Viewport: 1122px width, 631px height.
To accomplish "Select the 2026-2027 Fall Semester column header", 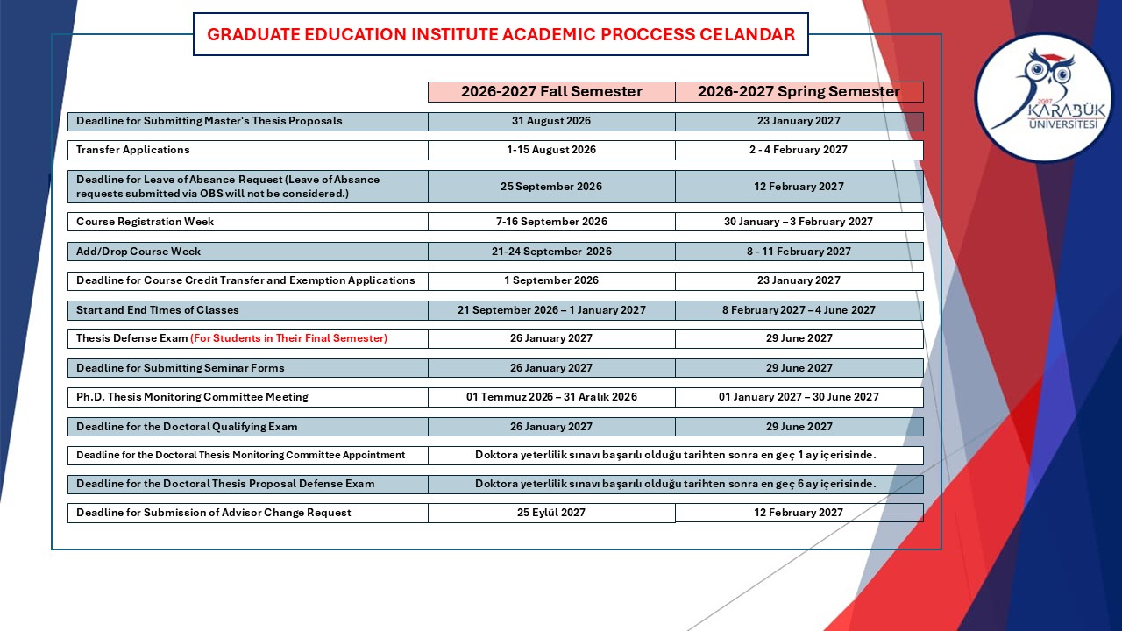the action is point(551,92).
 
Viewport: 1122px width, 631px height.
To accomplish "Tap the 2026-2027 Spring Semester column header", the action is point(799,92).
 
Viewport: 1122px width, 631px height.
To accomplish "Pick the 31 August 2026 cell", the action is point(551,121).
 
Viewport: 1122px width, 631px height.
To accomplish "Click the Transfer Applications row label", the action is point(132,150).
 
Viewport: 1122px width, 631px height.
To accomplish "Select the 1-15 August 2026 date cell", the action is point(551,150).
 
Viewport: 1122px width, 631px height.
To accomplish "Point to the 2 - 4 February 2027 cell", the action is point(799,150).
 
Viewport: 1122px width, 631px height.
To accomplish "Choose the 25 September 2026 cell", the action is point(551,187).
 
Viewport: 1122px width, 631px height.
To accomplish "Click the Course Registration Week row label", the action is point(145,222).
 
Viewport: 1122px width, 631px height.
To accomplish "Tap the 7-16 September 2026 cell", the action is point(551,222).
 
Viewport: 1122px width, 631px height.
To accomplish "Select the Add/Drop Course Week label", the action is point(138,252).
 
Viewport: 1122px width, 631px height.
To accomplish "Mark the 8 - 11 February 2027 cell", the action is point(799,252).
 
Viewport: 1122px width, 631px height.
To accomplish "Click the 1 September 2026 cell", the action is point(551,281).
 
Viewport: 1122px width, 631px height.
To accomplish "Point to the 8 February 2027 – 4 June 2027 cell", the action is point(799,310).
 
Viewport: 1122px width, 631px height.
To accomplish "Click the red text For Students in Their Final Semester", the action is point(288,338).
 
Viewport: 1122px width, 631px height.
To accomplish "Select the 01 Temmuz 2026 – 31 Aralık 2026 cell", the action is point(551,397).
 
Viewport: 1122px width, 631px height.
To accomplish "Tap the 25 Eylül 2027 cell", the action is point(551,513).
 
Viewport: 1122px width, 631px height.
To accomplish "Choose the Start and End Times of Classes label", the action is point(157,310).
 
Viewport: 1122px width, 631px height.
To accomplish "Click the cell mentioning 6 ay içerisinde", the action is point(676,485).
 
